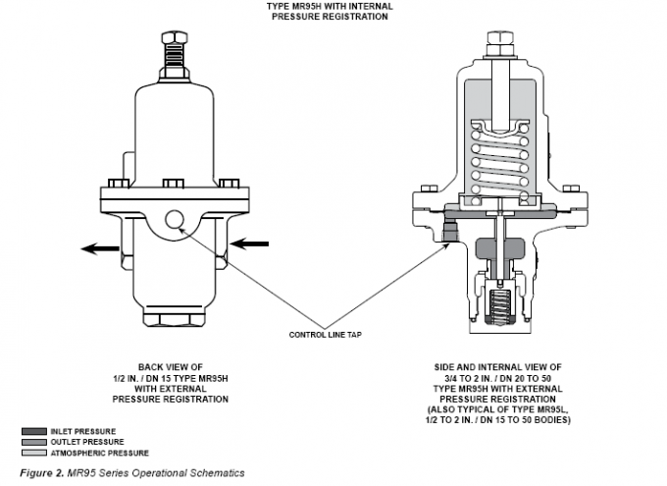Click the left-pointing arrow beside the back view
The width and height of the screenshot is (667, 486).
(100, 249)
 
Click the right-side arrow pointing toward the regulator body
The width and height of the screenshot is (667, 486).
(249, 241)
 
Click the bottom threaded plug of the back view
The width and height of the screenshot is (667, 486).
(174, 315)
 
